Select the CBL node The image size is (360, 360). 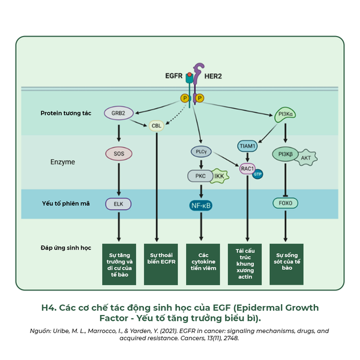[x=156, y=126]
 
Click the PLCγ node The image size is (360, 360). [x=200, y=152]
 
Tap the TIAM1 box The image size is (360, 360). [x=248, y=145]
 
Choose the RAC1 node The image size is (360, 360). [x=247, y=169]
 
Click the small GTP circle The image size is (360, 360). [x=259, y=175]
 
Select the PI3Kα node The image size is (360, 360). [x=286, y=113]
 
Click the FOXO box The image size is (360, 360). [x=286, y=203]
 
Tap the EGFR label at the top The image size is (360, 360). [x=173, y=77]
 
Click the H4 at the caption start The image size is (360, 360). [x=48, y=308]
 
